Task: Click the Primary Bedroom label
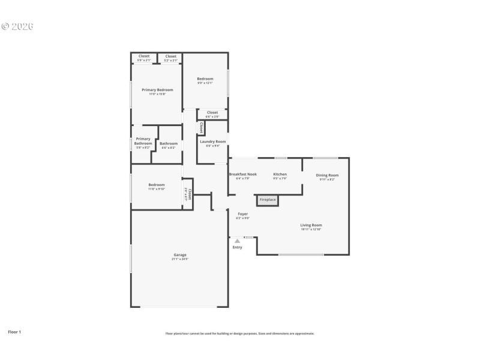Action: tap(157, 90)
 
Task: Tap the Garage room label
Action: tap(180, 255)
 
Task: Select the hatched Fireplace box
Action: tap(268, 200)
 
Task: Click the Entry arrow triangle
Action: tap(237, 241)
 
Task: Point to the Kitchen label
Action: tap(280, 175)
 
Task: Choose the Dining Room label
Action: tap(328, 175)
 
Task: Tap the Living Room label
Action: tap(311, 225)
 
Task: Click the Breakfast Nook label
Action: tap(243, 174)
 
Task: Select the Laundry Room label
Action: tap(213, 142)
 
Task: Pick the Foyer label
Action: tap(243, 214)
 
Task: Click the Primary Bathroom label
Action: tap(143, 141)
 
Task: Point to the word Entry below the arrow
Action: tap(237, 247)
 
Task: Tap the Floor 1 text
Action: tap(14, 331)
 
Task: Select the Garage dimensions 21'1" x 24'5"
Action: tap(180, 259)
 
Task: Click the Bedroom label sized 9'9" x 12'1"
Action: tap(205, 79)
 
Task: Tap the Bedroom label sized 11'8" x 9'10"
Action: tap(157, 185)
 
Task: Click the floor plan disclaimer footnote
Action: tap(240, 334)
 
